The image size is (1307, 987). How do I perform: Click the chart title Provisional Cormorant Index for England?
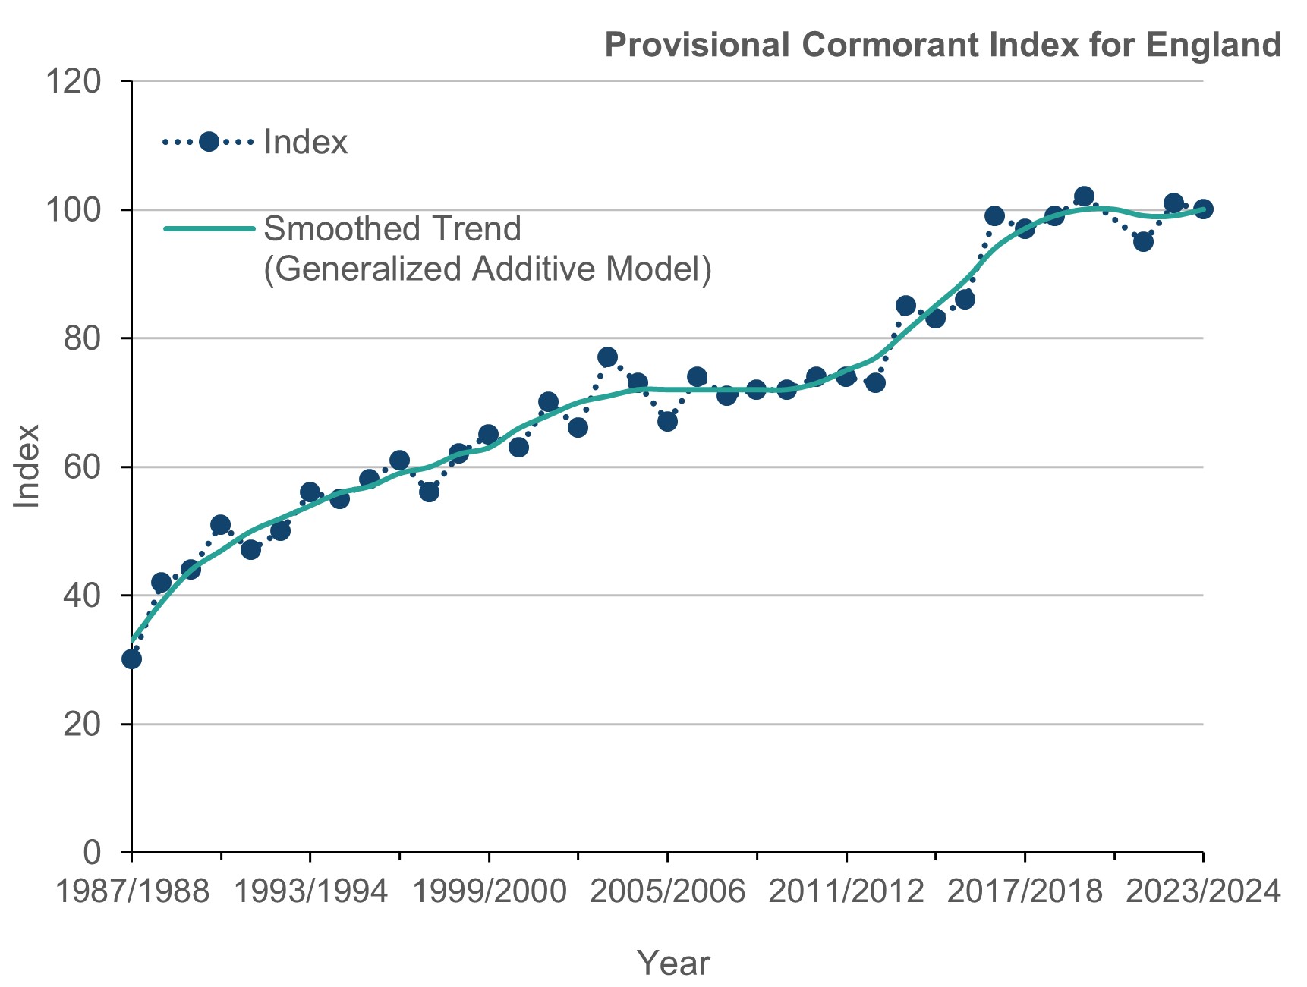click(943, 45)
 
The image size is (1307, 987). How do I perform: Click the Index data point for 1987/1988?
click(131, 659)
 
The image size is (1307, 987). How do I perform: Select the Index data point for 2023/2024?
click(1203, 209)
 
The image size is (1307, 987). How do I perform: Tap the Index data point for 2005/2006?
click(667, 421)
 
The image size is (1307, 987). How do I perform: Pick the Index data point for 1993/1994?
click(310, 492)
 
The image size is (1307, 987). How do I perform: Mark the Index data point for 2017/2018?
click(1025, 228)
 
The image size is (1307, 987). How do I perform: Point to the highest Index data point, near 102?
click(1084, 196)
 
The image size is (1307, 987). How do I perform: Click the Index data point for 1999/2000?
click(488, 435)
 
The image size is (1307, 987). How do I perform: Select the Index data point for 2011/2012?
click(846, 376)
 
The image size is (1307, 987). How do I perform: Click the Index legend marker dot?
click(209, 142)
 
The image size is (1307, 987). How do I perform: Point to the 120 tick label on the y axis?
click(73, 80)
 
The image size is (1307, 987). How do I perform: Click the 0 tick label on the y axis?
click(91, 852)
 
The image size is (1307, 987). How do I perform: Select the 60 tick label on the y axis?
click(82, 467)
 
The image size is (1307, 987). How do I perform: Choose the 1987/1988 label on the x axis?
click(132, 891)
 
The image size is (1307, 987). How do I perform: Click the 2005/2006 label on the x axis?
click(667, 891)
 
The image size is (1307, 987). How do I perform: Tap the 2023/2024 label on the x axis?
click(1202, 891)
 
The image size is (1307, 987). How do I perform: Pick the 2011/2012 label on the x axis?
click(846, 891)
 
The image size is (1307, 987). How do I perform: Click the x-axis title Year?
click(673, 963)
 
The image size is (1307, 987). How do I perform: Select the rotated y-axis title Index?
click(27, 466)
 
